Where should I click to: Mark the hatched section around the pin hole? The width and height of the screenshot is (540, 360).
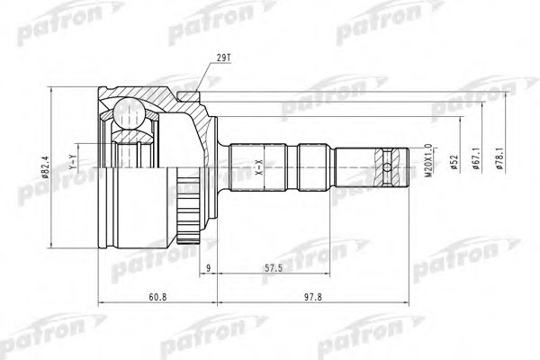[x=389, y=153]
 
